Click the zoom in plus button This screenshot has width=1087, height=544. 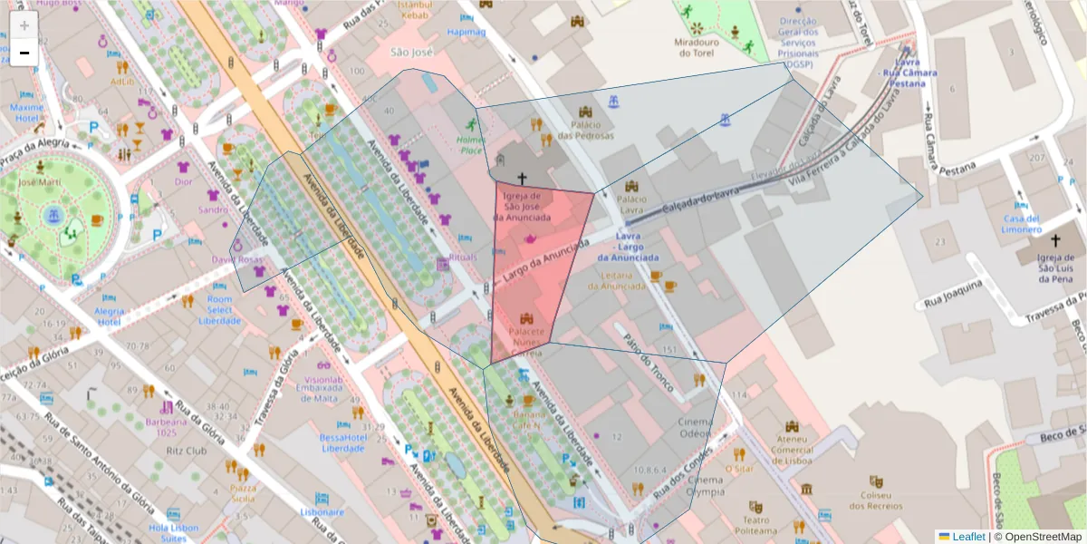pos(24,24)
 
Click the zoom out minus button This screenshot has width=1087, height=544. pos(24,53)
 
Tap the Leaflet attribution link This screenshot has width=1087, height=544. pos(968,537)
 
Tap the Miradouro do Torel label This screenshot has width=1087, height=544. pos(697,47)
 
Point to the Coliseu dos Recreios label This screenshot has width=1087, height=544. pos(876,500)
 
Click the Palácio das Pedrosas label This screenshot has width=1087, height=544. pos(585,130)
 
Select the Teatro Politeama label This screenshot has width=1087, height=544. pos(756,526)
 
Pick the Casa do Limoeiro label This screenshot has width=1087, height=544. pos(1021,225)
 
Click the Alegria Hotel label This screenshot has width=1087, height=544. pos(110,316)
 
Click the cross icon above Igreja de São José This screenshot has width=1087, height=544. pos(522,179)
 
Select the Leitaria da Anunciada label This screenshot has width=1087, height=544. pos(616,281)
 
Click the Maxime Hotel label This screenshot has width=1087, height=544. pos(26,112)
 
